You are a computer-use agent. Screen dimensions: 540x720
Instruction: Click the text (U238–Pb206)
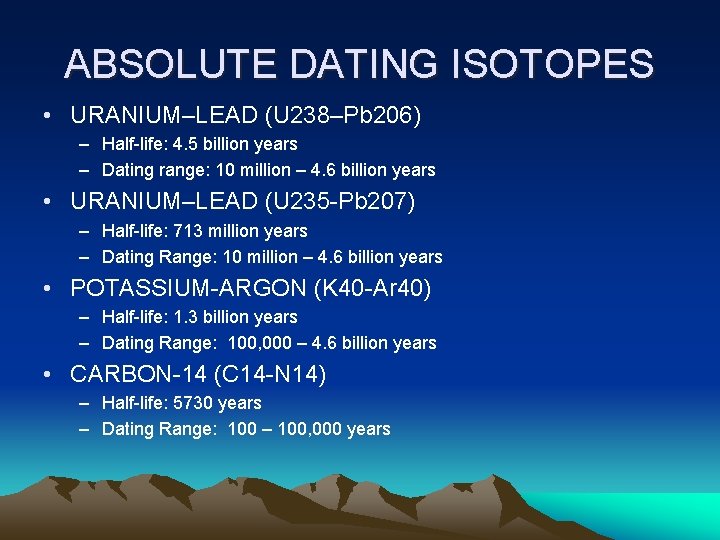pyautogui.click(x=343, y=116)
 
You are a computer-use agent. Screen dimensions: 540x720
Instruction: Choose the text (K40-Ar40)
pyautogui.click(x=373, y=289)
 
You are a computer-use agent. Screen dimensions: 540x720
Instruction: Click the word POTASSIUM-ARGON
pyautogui.click(x=189, y=289)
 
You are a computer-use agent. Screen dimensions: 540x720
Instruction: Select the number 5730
pyautogui.click(x=193, y=403)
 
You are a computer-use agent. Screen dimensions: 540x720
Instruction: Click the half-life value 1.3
pyautogui.click(x=186, y=317)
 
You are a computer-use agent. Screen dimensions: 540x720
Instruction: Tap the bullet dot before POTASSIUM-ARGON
pyautogui.click(x=49, y=289)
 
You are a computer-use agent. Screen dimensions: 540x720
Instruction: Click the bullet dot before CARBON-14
pyautogui.click(x=49, y=375)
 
